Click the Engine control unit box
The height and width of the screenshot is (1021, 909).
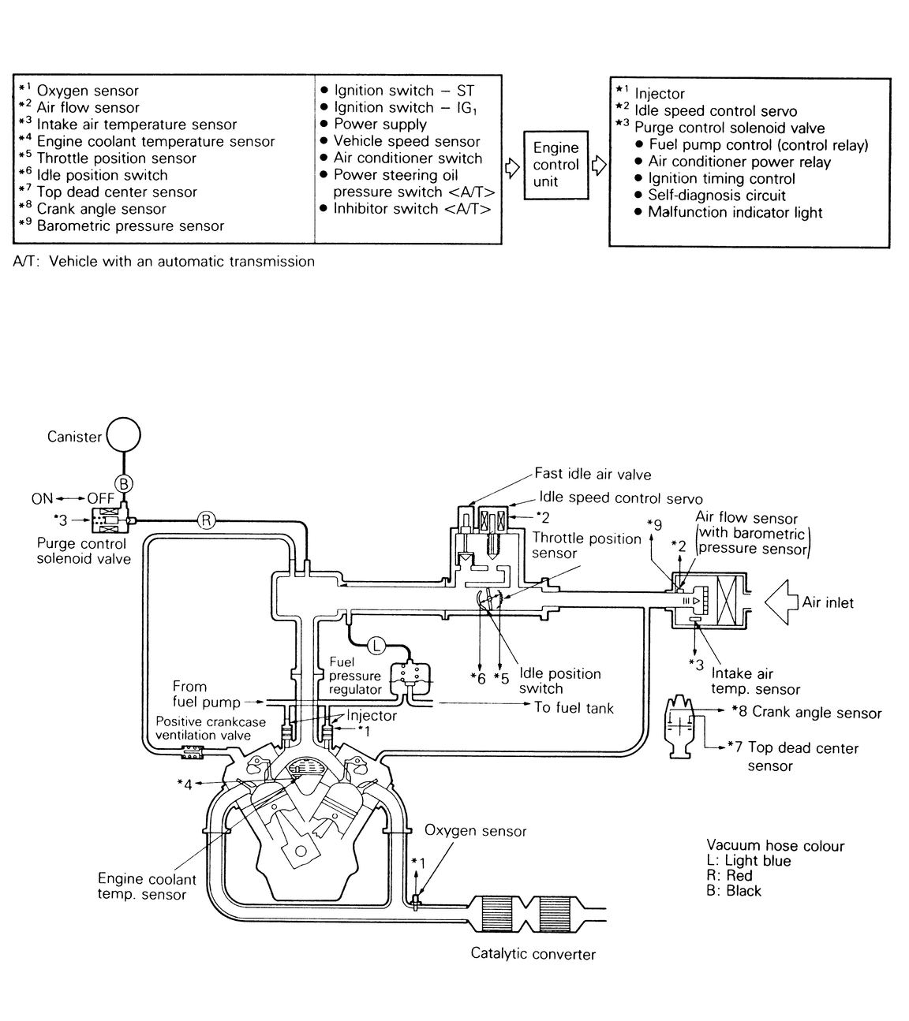(555, 165)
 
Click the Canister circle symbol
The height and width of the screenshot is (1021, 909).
(123, 434)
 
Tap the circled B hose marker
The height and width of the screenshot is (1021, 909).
(123, 483)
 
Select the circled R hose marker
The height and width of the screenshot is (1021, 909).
(205, 520)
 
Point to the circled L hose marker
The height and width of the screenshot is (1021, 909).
(376, 646)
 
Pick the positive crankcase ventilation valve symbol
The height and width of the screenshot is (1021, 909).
(193, 752)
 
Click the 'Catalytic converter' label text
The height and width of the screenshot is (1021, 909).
(533, 954)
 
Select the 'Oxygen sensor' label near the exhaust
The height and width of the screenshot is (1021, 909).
(475, 831)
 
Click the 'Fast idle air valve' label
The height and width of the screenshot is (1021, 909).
(593, 474)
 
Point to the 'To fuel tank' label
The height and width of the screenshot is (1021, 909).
(574, 708)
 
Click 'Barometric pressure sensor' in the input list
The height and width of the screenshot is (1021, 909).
(130, 226)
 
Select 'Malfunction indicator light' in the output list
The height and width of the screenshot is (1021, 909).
(735, 213)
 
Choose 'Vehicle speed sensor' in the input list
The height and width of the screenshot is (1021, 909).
(406, 141)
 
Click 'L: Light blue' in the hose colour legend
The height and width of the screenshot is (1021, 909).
(748, 861)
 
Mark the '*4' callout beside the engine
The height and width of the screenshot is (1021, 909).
(185, 784)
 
